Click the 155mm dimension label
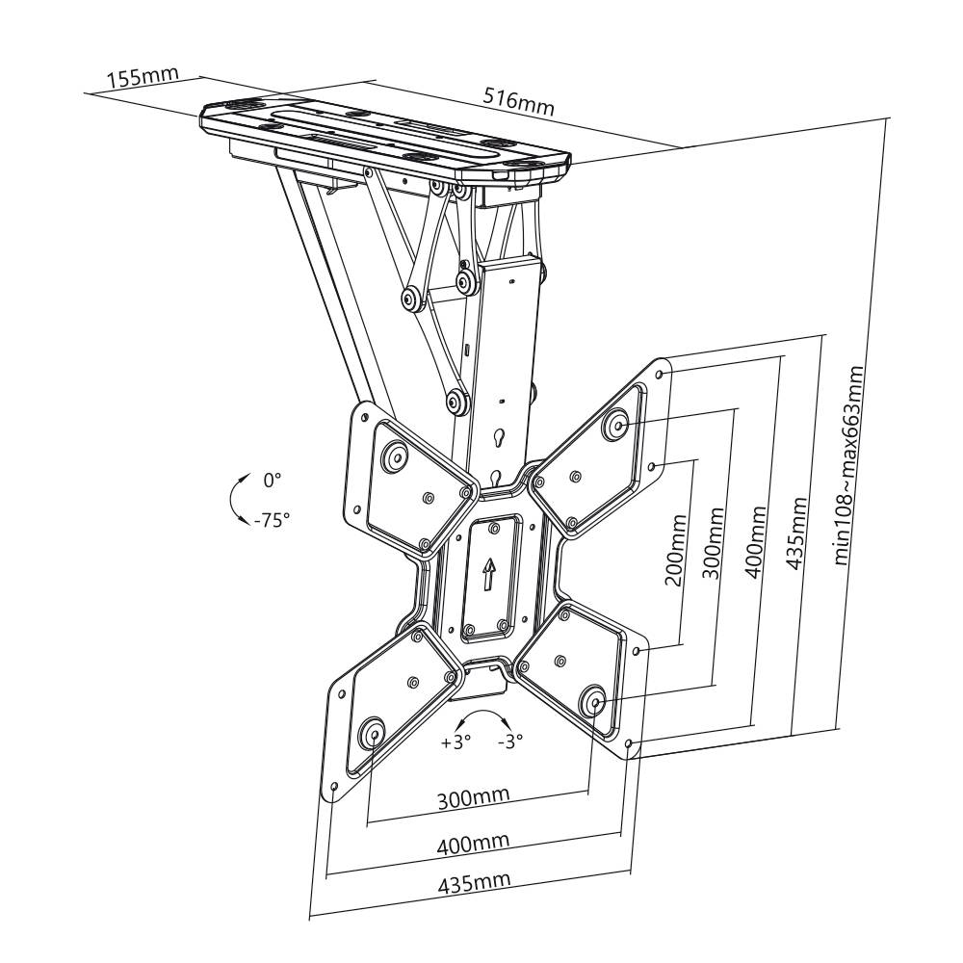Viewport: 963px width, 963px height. pos(136,78)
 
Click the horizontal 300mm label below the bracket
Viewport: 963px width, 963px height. pos(474,798)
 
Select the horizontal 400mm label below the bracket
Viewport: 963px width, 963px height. pos(473,845)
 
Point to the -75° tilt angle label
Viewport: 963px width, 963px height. pos(272,519)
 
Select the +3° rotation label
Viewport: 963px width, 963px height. pos(455,742)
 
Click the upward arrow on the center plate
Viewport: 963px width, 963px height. pos(489,575)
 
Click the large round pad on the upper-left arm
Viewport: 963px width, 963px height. pos(393,455)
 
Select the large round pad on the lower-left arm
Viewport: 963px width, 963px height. pos(372,734)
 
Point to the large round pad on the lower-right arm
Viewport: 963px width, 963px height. pos(592,704)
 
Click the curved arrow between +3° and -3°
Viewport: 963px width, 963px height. pos(482,717)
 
